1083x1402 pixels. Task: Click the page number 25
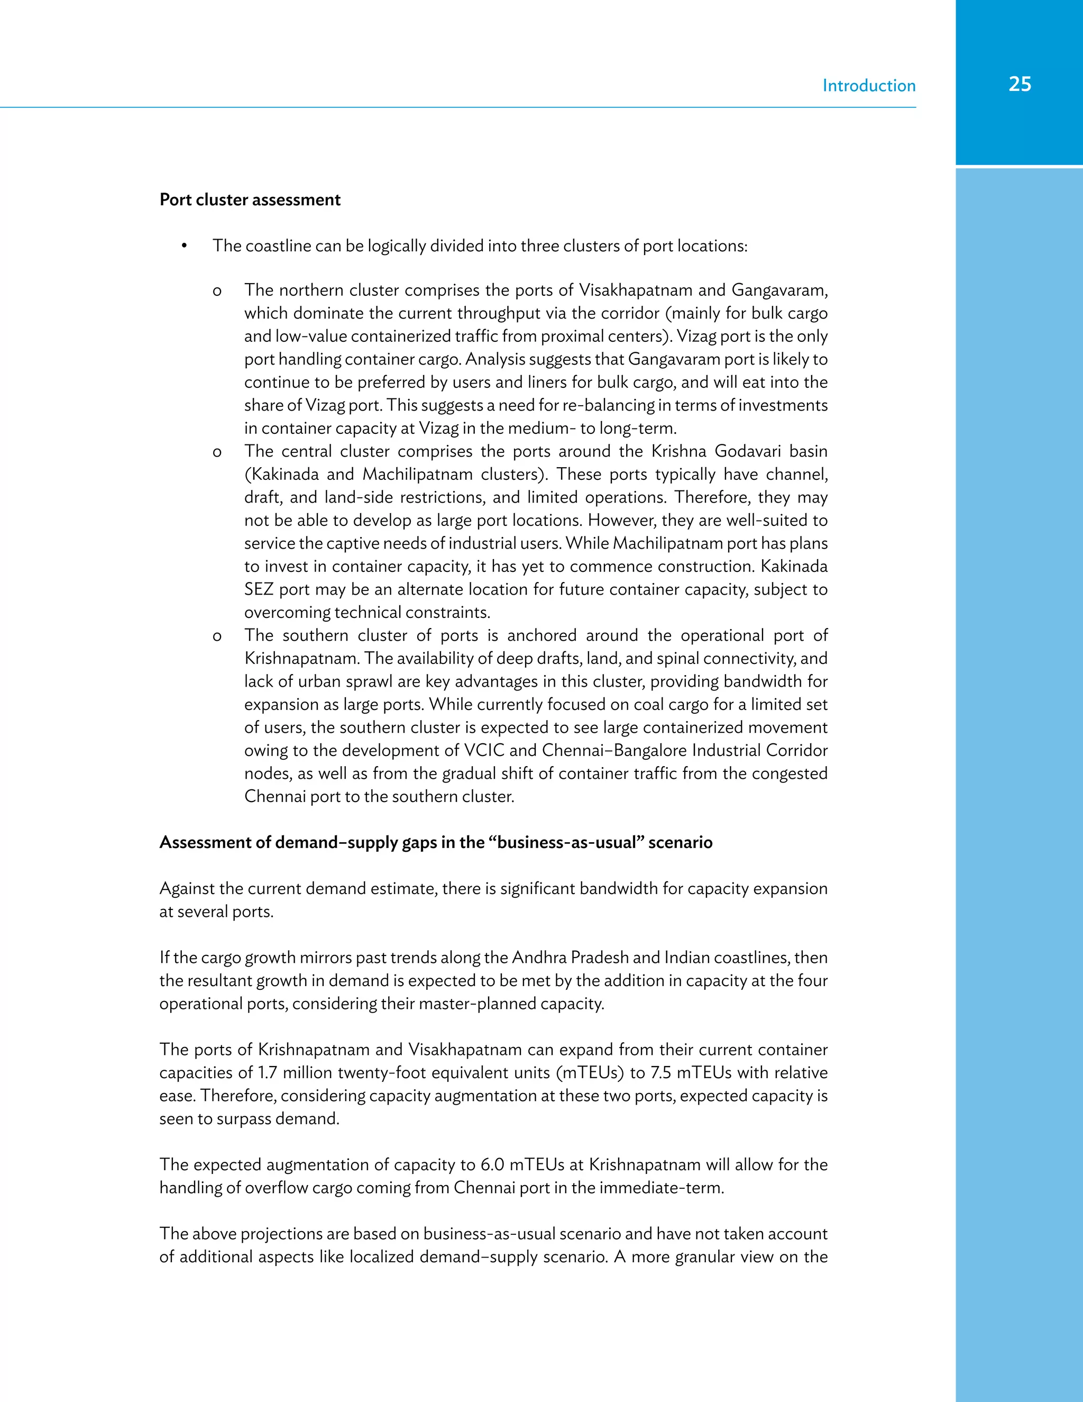[1020, 84]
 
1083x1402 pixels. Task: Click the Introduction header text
[869, 86]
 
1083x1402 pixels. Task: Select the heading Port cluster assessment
[250, 199]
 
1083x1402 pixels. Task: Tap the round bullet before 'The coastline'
[184, 247]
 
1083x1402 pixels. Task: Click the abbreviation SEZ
[259, 589]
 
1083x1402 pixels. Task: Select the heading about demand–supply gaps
[436, 842]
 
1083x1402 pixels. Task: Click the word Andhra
[539, 958]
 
